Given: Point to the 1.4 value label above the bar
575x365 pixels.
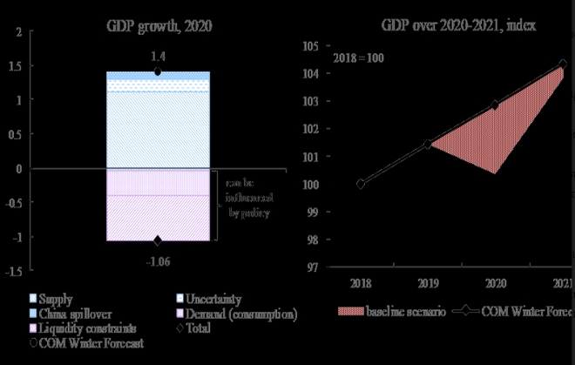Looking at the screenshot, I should tap(157, 56).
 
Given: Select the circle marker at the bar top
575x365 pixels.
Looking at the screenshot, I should tap(157, 71).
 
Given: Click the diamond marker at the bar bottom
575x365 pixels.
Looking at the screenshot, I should tap(158, 240).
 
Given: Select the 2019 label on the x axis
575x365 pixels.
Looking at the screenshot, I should tap(428, 283).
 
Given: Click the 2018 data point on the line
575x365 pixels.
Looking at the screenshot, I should tap(361, 184).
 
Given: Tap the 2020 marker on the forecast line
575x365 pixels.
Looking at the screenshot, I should tap(496, 105).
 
